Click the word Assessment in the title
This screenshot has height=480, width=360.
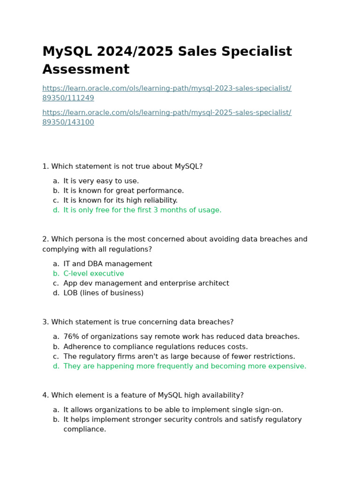click(x=86, y=69)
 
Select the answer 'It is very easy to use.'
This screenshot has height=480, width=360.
click(x=101, y=181)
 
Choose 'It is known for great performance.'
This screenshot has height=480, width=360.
click(x=124, y=191)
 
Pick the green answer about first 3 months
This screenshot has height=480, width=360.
click(x=142, y=210)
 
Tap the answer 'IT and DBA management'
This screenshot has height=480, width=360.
click(x=108, y=264)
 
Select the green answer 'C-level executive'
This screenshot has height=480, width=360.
click(x=94, y=274)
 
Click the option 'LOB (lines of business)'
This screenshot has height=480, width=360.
click(x=104, y=293)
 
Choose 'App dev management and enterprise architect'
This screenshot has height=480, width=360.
click(x=146, y=283)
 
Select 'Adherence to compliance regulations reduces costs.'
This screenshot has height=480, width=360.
click(x=156, y=347)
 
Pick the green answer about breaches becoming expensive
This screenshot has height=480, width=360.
click(x=185, y=366)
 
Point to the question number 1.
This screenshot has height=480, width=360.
click(x=45, y=166)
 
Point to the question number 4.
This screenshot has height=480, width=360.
click(x=45, y=395)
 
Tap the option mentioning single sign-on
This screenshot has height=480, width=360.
click(x=173, y=410)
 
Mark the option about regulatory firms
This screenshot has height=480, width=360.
click(x=179, y=356)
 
